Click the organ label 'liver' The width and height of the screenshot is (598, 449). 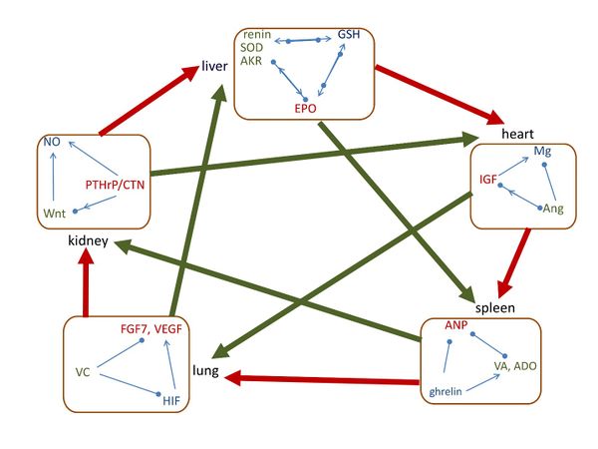[x=215, y=68]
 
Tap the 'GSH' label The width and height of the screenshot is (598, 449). [x=349, y=35]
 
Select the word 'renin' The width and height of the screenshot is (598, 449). [x=258, y=35]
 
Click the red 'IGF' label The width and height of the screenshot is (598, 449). [x=488, y=180]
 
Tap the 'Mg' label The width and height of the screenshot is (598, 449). [x=543, y=151]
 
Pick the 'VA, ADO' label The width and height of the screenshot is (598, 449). [x=515, y=366]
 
